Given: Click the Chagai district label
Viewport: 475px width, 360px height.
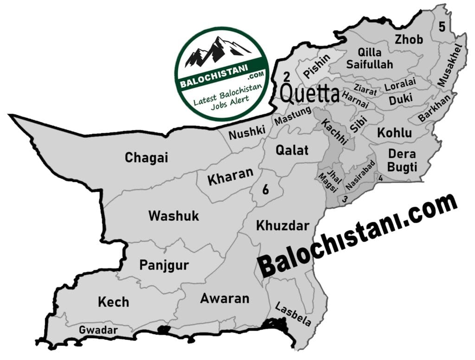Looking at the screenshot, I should (146, 158).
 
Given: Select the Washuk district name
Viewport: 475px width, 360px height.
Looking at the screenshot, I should (173, 216).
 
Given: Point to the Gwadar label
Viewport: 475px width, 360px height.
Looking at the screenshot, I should (98, 330).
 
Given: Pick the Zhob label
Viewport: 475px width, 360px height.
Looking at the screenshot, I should (409, 40).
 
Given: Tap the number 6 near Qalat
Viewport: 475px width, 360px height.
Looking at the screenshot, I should (266, 189).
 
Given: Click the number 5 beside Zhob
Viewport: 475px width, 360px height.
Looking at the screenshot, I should (442, 27).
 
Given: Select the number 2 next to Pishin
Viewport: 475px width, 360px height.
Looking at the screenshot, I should (287, 76).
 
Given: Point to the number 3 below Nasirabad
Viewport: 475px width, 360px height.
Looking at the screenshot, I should (345, 199).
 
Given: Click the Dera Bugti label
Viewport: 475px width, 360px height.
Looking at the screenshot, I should (402, 160).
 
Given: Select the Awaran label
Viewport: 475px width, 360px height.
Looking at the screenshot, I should (225, 298).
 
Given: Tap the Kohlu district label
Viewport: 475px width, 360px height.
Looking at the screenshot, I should (394, 133).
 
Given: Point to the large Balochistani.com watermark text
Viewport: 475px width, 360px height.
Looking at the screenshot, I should (357, 237).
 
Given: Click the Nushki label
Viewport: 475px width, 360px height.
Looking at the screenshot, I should (247, 134).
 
